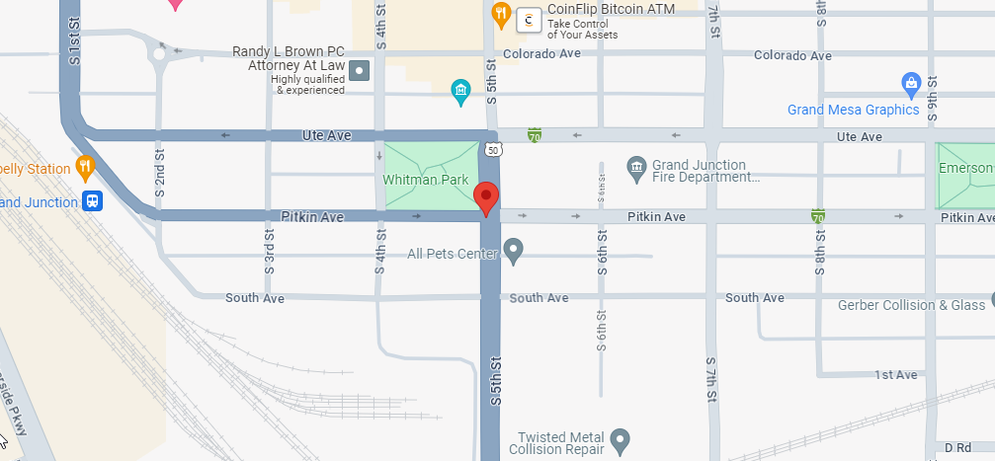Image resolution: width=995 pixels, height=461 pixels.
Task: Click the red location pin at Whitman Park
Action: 486,197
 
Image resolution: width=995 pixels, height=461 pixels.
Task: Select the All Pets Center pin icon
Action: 513,252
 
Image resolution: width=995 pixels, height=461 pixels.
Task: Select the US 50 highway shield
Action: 493,149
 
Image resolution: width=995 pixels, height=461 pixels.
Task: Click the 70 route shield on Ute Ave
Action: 535,134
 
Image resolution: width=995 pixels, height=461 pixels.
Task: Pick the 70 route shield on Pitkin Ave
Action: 817,215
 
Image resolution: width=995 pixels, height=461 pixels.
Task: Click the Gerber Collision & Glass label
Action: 911,305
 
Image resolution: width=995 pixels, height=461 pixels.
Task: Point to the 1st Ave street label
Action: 896,374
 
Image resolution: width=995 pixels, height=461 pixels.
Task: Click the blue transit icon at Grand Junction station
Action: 93,201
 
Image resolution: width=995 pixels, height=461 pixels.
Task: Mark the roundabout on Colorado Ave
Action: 160,53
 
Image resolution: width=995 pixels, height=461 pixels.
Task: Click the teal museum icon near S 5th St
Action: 459,93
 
